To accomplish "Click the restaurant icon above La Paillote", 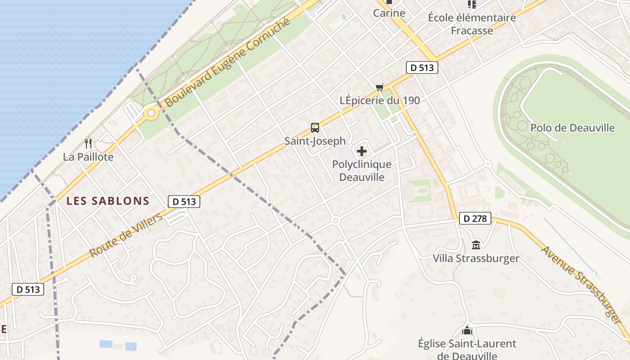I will tap(88, 144).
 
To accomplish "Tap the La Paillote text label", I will tap(88, 157).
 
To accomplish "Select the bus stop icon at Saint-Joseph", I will tap(315, 128).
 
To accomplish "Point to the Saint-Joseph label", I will tap(315, 141).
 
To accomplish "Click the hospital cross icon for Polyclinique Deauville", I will tap(362, 151).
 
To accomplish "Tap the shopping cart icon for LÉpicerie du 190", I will tap(380, 87).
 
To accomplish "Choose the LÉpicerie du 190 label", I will tap(380, 100).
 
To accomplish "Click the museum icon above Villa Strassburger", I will tap(476, 245).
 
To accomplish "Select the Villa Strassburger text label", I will tap(476, 258).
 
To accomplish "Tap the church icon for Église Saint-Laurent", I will tap(467, 331).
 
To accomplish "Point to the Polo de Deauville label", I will tap(572, 128).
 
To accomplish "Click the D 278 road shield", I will tap(475, 219).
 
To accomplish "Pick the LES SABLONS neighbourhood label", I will tap(108, 201).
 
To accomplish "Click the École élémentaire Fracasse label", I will tap(472, 24).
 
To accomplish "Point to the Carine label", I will tap(389, 13).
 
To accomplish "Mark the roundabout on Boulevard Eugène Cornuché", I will tap(151, 113).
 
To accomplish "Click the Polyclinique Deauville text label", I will tap(362, 171).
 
